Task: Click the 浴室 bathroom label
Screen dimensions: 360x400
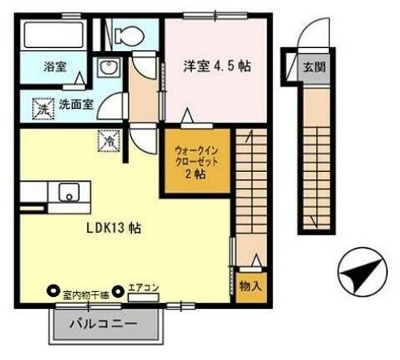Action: (x=54, y=69)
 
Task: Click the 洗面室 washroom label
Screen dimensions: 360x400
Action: (x=75, y=103)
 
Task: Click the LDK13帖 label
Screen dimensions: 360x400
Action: (x=114, y=227)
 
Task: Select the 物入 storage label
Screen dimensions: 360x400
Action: (x=250, y=286)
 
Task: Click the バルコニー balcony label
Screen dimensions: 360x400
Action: (x=102, y=325)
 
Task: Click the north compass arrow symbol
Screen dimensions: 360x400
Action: (x=357, y=274)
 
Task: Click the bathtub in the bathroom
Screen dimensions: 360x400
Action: (x=52, y=36)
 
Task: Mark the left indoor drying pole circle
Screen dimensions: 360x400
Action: (x=54, y=292)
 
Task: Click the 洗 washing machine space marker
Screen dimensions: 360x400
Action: (x=41, y=105)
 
